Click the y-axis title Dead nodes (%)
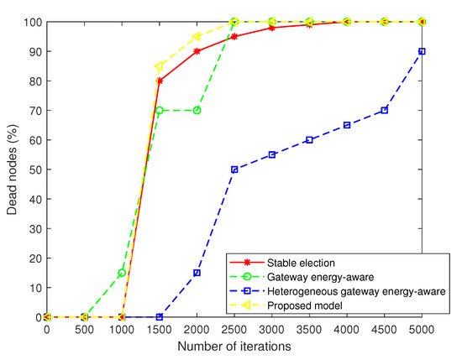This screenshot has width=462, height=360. [x=11, y=170]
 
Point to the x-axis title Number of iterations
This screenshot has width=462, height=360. [x=234, y=346]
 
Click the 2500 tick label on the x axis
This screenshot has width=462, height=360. [x=234, y=329]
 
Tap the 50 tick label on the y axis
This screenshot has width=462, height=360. [x=33, y=170]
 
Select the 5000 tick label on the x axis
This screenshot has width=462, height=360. [x=422, y=329]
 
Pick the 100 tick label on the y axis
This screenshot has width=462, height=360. [x=30, y=22]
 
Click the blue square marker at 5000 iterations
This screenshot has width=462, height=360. [x=422, y=51]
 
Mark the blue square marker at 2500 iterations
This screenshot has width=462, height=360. [x=234, y=170]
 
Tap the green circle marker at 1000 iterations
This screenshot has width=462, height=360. [x=122, y=273]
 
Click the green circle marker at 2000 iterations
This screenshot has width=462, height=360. [x=197, y=110]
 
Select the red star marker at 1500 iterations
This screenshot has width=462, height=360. [x=160, y=81]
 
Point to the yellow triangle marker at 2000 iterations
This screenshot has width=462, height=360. [x=197, y=36]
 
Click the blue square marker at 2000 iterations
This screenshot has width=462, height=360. [x=197, y=273]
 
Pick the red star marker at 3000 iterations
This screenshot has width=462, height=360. [x=272, y=28]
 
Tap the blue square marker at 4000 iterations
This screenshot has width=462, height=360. [x=347, y=125]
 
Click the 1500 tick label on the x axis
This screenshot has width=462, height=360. [x=160, y=329]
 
